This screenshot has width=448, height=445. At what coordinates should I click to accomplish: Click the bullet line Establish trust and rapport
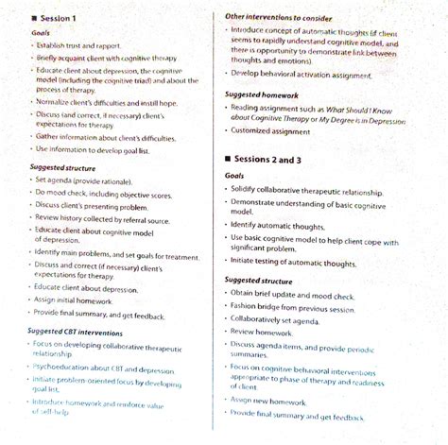82,43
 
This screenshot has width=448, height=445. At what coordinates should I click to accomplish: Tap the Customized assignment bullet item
270,132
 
